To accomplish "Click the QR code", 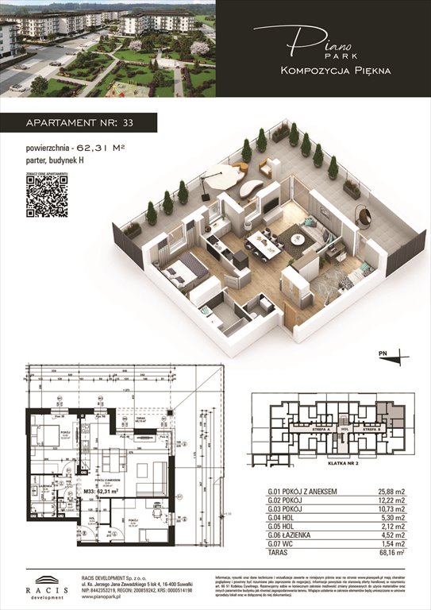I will (46, 196).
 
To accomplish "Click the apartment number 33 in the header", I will (129, 122).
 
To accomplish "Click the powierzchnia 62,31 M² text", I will (75, 148).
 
